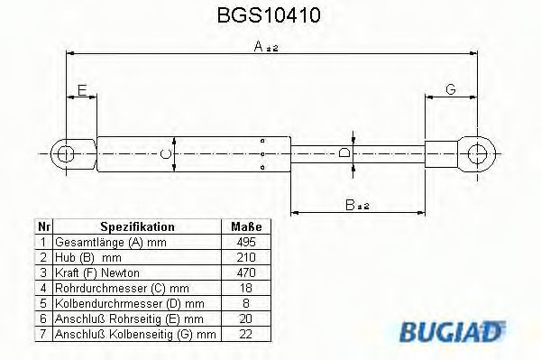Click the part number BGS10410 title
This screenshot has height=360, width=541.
(x=269, y=15)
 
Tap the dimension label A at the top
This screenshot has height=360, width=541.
(x=266, y=46)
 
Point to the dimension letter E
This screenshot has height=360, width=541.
(x=82, y=90)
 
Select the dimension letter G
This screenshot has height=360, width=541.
(x=451, y=89)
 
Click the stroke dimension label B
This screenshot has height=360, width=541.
(x=357, y=205)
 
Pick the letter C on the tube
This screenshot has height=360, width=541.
(x=166, y=154)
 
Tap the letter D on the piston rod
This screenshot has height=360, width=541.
(x=344, y=152)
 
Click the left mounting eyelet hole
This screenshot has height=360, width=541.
(x=65, y=154)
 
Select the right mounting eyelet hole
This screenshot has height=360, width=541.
(x=477, y=153)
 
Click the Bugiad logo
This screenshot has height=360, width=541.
(x=453, y=331)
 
